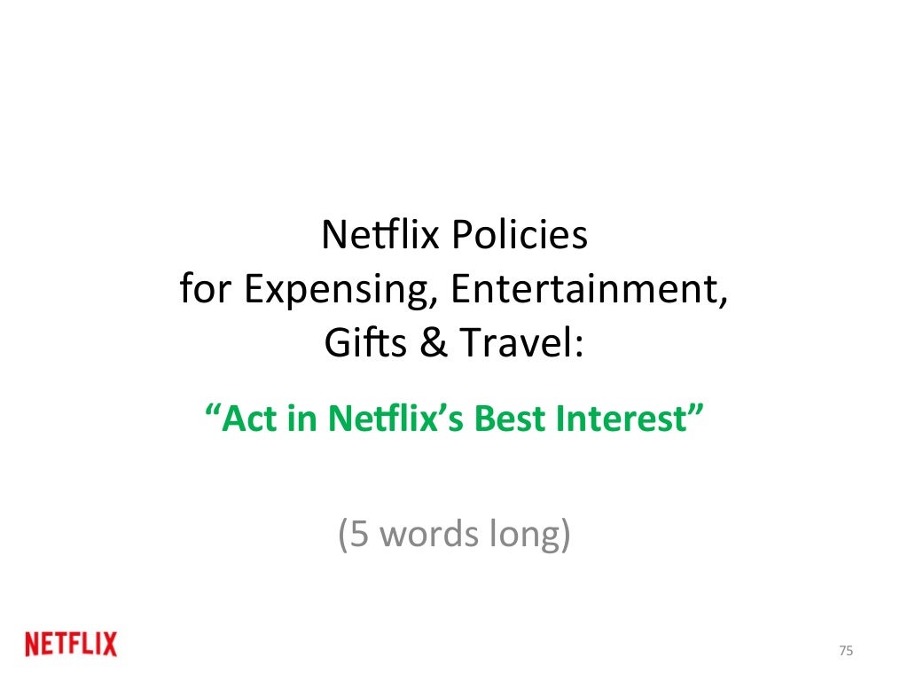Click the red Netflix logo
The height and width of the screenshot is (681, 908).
click(71, 645)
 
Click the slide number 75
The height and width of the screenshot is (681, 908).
click(845, 652)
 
